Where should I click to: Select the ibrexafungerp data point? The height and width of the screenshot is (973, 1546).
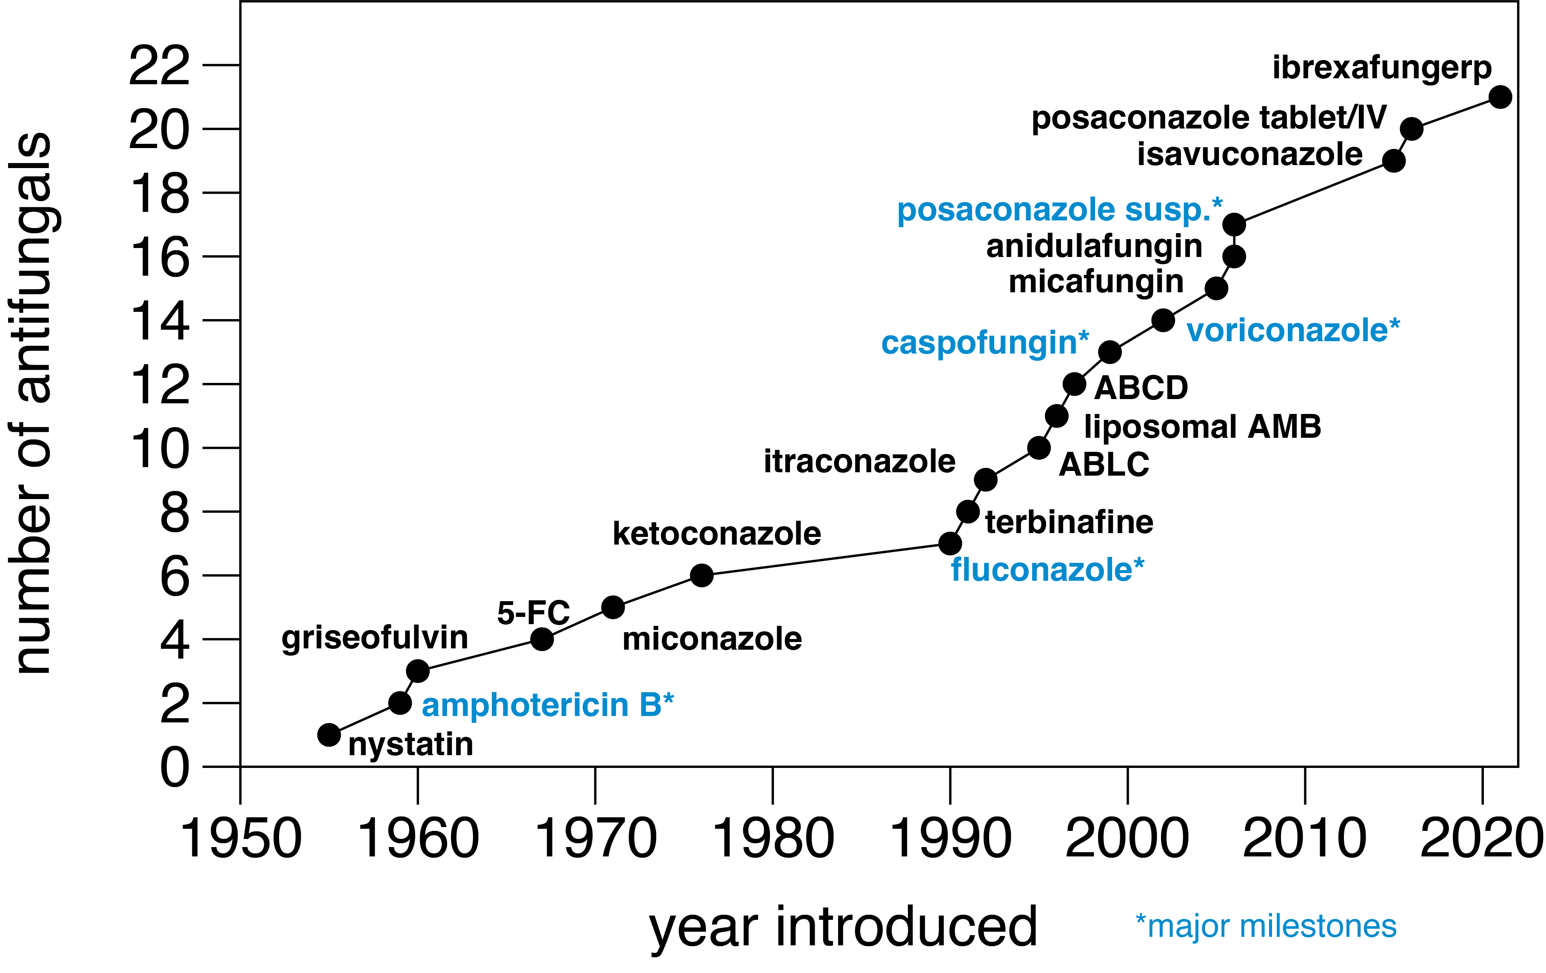point(1500,97)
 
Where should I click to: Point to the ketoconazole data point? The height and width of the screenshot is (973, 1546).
point(702,575)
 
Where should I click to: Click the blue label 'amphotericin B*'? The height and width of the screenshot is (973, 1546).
point(547,705)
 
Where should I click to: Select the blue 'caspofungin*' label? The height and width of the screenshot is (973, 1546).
point(985,343)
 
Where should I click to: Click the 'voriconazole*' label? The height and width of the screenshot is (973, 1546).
point(1293,331)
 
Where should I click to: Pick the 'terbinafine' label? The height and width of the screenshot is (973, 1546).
point(1069,522)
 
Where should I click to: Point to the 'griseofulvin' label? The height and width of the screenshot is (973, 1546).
point(375,638)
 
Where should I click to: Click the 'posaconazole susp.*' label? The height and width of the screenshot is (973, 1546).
point(1059,210)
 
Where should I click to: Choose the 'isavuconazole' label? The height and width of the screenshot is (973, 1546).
point(1249,155)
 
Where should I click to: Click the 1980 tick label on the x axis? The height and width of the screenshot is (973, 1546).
point(773,839)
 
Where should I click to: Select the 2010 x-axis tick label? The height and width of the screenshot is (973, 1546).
point(1305,839)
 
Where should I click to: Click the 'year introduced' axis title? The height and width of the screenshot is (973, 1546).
point(843,928)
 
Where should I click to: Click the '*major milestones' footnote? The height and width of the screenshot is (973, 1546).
point(1266,927)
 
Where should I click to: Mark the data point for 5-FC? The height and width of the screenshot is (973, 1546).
point(542,639)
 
